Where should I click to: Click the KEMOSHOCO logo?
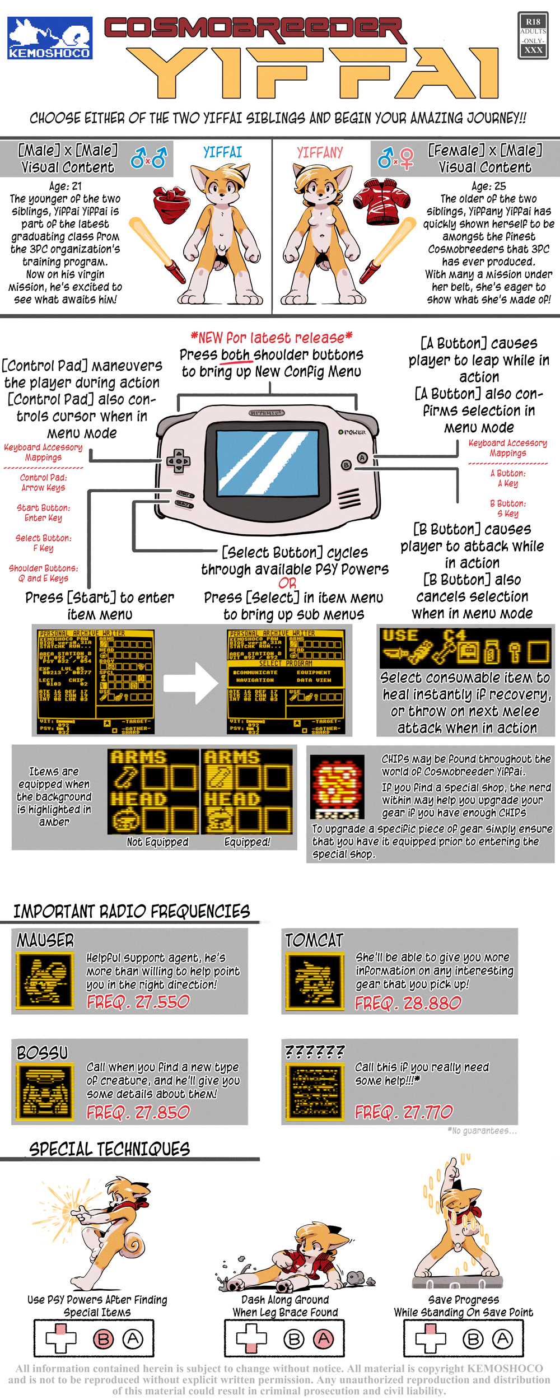point(50,38)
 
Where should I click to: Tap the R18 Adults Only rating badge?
point(533,36)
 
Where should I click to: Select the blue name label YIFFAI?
point(222,152)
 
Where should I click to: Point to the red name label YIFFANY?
point(319,152)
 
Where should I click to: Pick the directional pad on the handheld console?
point(178,461)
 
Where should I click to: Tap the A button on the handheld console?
point(362,458)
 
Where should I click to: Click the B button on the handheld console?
point(347,465)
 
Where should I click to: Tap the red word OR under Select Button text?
point(287,583)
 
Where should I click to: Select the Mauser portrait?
point(45,981)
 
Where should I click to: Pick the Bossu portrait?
point(45,1093)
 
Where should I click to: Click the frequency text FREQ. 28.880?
point(408,1003)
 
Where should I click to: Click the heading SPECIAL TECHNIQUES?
point(110,1150)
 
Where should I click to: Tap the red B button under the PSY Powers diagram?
point(103,1339)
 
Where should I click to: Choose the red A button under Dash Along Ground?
point(323,1339)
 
